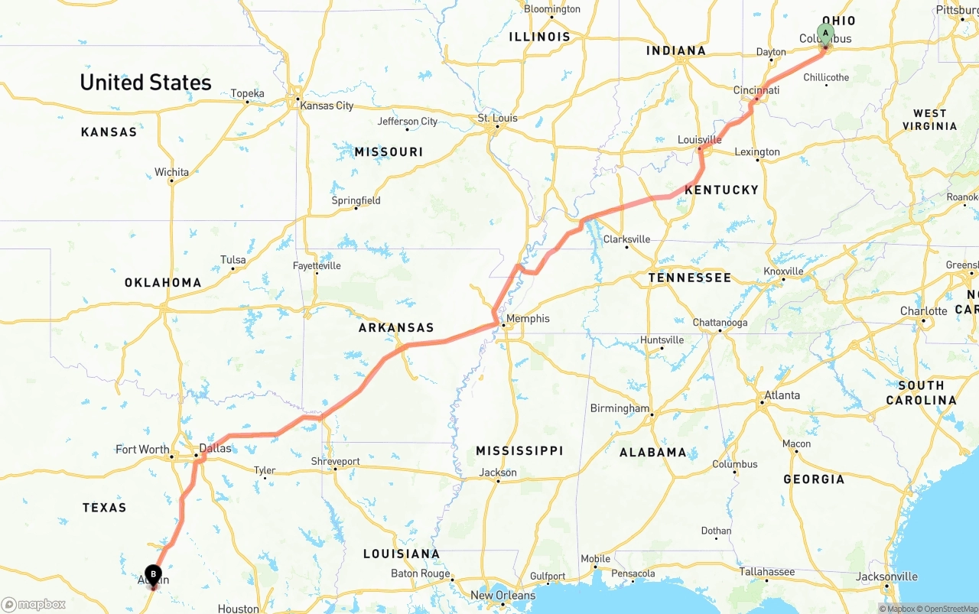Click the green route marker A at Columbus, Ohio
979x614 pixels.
click(825, 33)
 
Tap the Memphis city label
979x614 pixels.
click(528, 319)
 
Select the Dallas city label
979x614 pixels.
click(214, 448)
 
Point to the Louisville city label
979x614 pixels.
click(699, 140)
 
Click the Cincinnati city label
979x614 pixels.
click(756, 90)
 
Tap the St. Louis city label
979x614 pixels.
click(497, 118)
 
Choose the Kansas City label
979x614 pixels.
click(327, 106)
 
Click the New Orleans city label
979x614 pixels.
click(503, 595)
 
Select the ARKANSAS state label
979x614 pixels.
click(396, 328)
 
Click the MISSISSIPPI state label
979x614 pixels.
click(519, 451)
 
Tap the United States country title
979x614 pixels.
click(145, 83)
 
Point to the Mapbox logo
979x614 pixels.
click(34, 604)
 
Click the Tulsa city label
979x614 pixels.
click(233, 260)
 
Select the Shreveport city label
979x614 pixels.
click(335, 461)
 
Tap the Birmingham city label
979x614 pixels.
click(619, 408)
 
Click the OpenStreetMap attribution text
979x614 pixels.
click(948, 609)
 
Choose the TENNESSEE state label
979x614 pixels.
click(690, 278)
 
